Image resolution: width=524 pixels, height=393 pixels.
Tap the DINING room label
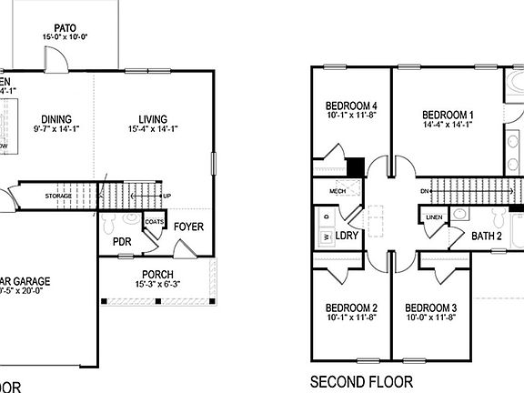tap(56, 119)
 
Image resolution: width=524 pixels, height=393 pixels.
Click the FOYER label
tap(189, 227)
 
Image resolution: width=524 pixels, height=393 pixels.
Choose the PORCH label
tap(157, 275)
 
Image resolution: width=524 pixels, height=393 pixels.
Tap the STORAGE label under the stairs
tap(58, 196)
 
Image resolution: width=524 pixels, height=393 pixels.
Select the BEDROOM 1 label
tap(447, 115)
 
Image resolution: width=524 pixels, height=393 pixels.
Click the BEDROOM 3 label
tap(430, 307)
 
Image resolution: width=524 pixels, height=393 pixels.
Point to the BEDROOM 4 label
tap(351, 106)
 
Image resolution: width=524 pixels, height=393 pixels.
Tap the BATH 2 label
tap(487, 236)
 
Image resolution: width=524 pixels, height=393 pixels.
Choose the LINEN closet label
tap(434, 217)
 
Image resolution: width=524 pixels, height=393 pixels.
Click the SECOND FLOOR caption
tap(361, 381)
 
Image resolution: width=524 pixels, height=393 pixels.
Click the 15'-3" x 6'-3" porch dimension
tap(157, 286)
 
